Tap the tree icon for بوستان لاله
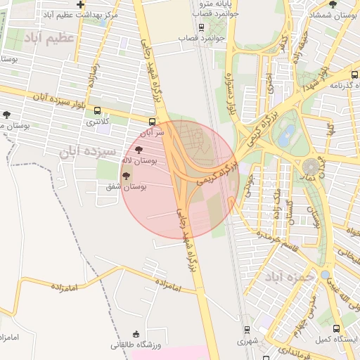[x=138, y=150]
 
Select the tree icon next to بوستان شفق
[x=126, y=176]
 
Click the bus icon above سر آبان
[x=153, y=122]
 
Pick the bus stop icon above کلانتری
[x=97, y=111]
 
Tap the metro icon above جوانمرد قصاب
[x=202, y=27]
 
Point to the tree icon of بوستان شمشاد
[x=333, y=4]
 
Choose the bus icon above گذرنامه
[x=354, y=75]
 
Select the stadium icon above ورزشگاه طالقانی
[x=136, y=334]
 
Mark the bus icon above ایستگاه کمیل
[x=335, y=328]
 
